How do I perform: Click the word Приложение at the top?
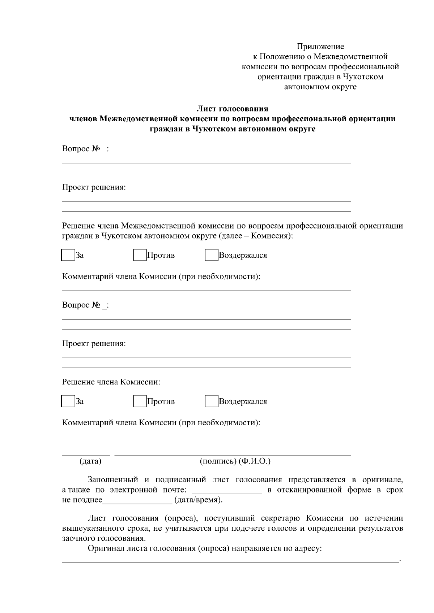coord(320,47)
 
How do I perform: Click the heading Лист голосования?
coord(232,109)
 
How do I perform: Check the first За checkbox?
coord(68,255)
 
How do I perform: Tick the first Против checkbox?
coord(140,255)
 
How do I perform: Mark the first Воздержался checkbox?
coord(211,255)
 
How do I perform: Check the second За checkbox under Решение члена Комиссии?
coord(68,401)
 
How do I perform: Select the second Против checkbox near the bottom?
coord(140,401)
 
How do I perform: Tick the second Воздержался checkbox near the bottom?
coord(211,401)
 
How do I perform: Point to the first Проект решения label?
coord(94,188)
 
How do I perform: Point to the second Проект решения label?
coord(94,343)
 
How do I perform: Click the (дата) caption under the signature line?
coord(90,461)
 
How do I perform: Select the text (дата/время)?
coord(199,500)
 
